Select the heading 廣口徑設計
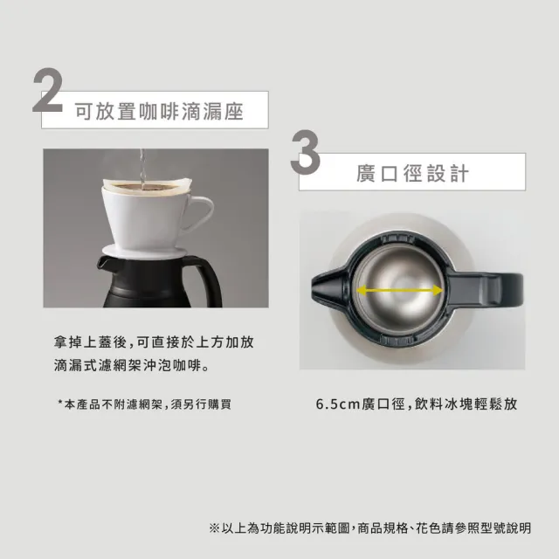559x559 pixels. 412,172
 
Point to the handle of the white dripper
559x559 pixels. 197,211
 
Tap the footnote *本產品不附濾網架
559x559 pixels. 144,404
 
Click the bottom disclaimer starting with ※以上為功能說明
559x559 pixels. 370,528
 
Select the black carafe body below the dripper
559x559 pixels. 144,283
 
